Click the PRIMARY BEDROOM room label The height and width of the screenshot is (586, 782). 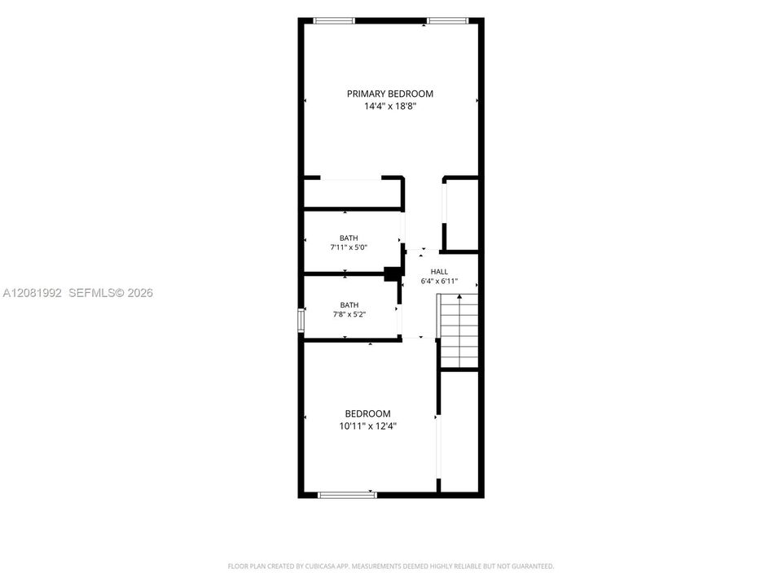pos(390,94)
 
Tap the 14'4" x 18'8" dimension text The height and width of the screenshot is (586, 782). pos(390,106)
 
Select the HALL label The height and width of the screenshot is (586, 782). pos(439,272)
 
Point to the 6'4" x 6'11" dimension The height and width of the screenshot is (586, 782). pos(439,281)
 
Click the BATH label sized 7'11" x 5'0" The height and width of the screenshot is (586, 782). pos(349,238)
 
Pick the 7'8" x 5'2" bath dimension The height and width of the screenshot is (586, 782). pos(349,314)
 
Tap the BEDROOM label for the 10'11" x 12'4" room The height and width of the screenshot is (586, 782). pos(368,413)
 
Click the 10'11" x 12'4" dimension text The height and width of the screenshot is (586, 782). pos(368,426)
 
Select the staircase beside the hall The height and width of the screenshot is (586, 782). pos(458,331)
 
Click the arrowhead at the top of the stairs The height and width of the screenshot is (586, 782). pos(459,296)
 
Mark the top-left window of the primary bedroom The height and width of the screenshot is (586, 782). pos(334,21)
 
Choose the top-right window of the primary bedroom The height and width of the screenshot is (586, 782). pos(448,21)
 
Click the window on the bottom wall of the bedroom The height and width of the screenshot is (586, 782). pos(348,495)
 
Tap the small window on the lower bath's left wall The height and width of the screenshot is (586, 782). pos(301,320)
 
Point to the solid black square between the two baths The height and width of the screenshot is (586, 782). pos(393,273)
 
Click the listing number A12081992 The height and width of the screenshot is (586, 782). pos(32,293)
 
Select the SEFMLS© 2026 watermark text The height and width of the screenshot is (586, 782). pos(111,293)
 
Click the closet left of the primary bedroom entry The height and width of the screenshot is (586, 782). pos(353,193)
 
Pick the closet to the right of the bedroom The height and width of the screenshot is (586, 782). pos(459,431)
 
